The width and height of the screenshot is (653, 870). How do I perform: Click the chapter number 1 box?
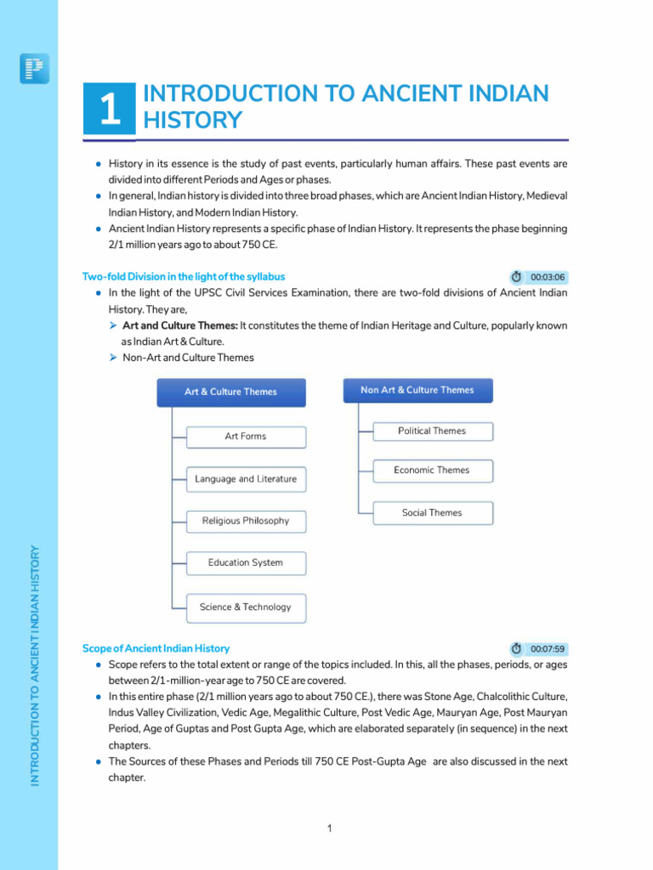(109, 109)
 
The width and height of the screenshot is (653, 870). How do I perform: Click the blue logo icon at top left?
(34, 69)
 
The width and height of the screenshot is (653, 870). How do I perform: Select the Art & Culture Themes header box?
(230, 392)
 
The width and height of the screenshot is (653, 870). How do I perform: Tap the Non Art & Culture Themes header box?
(417, 390)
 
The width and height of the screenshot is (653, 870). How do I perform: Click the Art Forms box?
(246, 437)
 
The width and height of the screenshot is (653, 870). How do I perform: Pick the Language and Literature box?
(246, 479)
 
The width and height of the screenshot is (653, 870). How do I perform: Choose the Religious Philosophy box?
(246, 521)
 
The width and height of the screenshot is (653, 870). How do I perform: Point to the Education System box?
(246, 562)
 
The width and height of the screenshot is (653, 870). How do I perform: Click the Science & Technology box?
(246, 607)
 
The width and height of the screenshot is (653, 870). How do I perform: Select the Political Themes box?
(432, 432)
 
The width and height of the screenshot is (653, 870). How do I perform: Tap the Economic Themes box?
(432, 471)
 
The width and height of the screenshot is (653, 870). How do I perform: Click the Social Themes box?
(432, 513)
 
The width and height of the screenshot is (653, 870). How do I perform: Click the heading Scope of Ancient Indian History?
(156, 648)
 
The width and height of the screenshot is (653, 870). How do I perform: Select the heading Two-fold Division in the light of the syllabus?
(184, 277)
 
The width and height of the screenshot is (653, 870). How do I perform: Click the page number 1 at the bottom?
(329, 828)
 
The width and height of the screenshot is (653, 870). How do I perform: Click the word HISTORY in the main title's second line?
(193, 121)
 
